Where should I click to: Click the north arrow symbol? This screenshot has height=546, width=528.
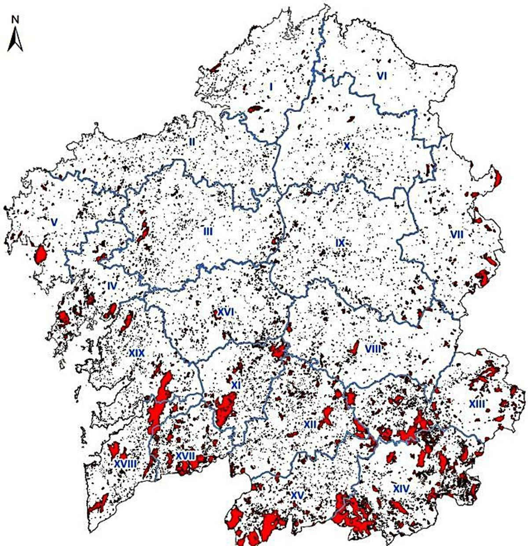tap(15, 40)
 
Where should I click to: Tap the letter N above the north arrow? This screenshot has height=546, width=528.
tap(15, 19)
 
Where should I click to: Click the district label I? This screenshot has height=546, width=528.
tap(271, 87)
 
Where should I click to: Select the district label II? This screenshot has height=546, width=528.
tap(192, 142)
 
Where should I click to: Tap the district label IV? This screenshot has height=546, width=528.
tap(113, 286)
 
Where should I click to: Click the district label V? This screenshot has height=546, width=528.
tap(54, 223)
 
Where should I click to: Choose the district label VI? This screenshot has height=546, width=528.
tap(382, 76)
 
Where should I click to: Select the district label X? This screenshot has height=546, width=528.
tap(346, 146)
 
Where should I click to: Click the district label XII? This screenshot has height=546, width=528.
tap(311, 424)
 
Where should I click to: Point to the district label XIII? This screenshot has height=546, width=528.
tap(477, 403)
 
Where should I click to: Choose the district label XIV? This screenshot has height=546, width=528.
tap(401, 488)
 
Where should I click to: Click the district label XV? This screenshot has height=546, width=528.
tap(298, 495)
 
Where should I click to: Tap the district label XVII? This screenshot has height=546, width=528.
tap(185, 456)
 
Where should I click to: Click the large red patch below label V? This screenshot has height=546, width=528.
tap(40, 254)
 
